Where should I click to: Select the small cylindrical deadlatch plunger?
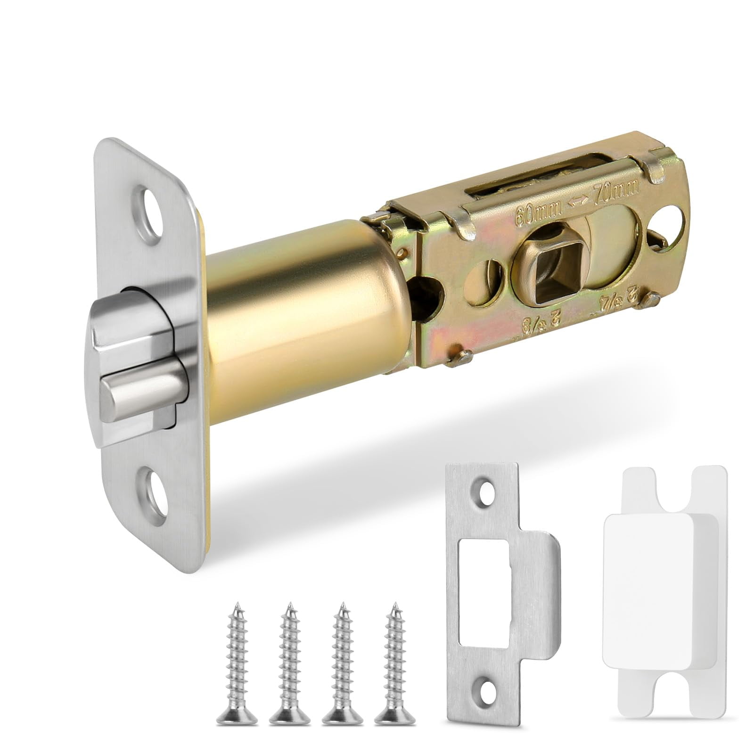tap(141, 397)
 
